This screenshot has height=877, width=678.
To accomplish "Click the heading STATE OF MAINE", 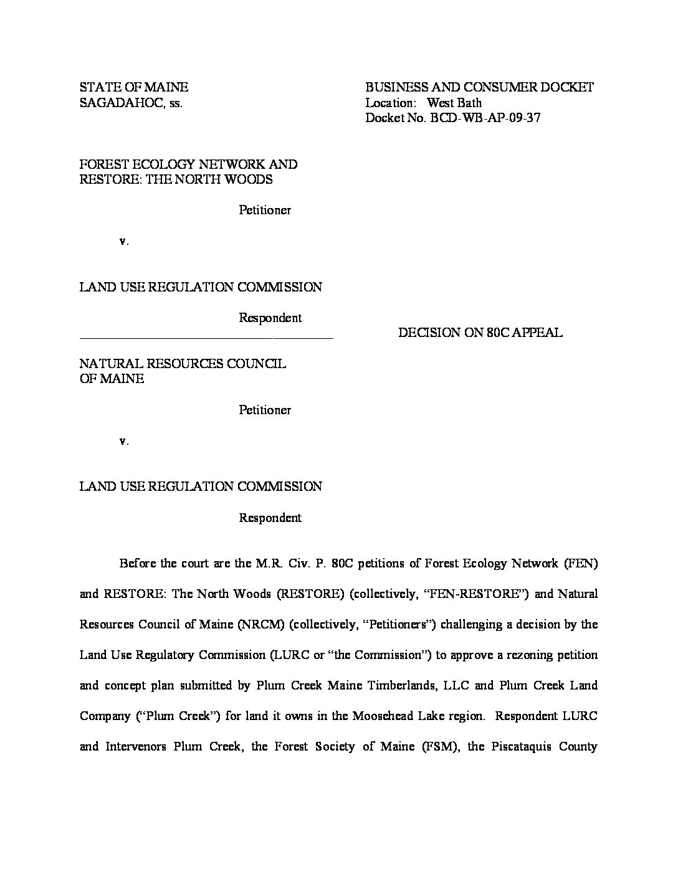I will pos(133,87).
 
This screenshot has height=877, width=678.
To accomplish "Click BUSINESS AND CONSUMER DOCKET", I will pos(479,87).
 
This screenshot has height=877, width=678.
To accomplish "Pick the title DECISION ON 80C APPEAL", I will pos(480,333).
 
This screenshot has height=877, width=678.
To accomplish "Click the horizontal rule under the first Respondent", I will pos(206,338).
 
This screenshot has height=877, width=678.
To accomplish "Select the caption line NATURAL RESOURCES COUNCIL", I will pos(183,364).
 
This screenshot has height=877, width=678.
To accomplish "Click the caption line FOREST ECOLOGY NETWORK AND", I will pos(188,164).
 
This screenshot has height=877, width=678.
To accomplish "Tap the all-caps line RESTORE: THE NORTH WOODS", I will pos(176,179).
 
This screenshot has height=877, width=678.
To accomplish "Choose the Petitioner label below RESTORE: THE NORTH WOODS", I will pos(265,210).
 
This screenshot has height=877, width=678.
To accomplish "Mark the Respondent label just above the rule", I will pos(270,318).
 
